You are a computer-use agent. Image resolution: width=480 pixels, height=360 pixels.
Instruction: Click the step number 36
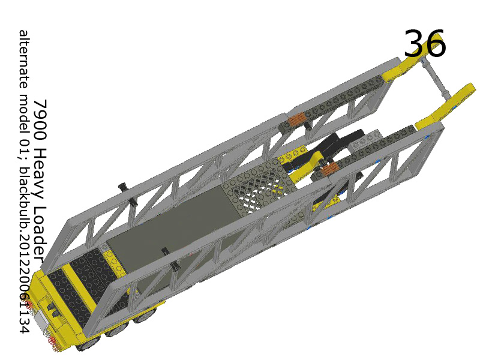(424, 44)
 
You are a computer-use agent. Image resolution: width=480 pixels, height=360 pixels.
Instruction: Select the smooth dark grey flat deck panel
(174, 228)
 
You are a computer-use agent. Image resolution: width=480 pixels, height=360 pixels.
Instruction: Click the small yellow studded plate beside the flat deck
(110, 258)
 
